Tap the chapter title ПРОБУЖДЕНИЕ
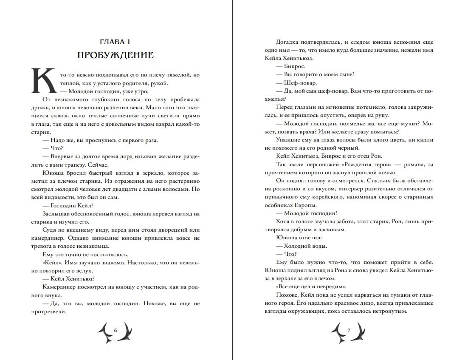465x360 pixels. click(x=115, y=56)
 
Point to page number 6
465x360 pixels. click(x=115, y=330)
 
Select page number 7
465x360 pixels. click(x=348, y=330)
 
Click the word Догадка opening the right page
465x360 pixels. click(x=289, y=42)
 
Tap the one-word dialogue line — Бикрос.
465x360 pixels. click(x=290, y=66)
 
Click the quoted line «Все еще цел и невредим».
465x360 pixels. click(x=310, y=286)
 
